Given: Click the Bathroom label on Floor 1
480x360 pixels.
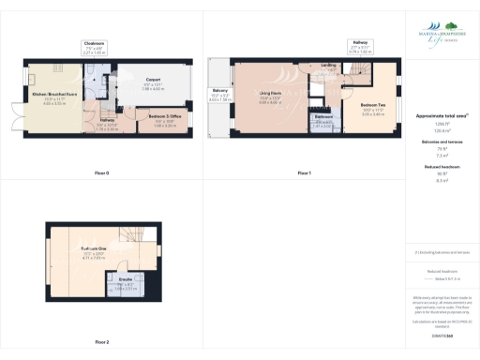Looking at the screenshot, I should (323, 120).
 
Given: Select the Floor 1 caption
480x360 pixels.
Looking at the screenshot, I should (304, 173).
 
